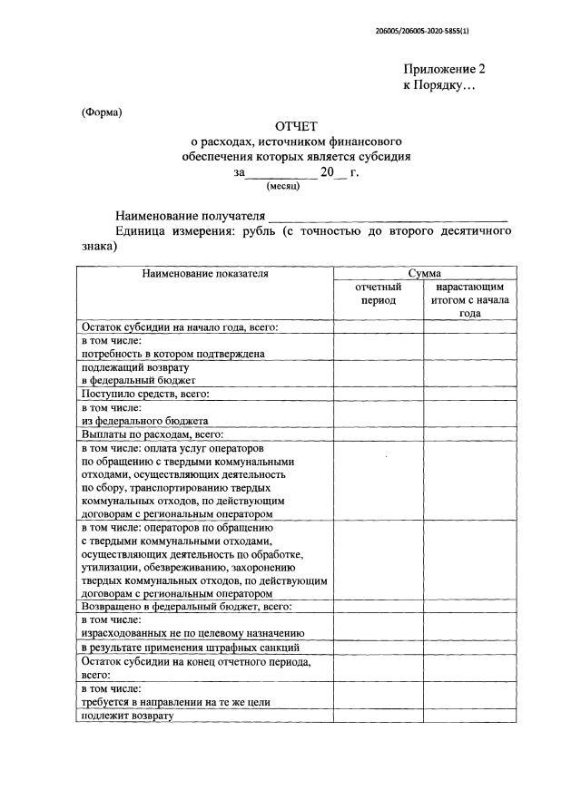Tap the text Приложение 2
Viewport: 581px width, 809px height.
click(x=445, y=69)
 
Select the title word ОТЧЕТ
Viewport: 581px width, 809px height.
click(x=297, y=125)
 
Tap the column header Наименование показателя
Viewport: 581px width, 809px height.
click(x=205, y=273)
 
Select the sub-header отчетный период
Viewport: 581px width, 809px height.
click(x=379, y=293)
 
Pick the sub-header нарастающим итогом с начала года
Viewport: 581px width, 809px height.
click(x=469, y=299)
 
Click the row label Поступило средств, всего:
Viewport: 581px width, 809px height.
click(x=146, y=395)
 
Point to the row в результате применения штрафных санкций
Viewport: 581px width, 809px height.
click(x=191, y=648)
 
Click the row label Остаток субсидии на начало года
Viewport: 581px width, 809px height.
click(x=179, y=327)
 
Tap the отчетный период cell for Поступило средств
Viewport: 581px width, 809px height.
click(x=379, y=395)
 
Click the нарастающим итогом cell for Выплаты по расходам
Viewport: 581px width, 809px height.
click(x=469, y=435)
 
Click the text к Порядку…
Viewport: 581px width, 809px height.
click(x=439, y=84)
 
